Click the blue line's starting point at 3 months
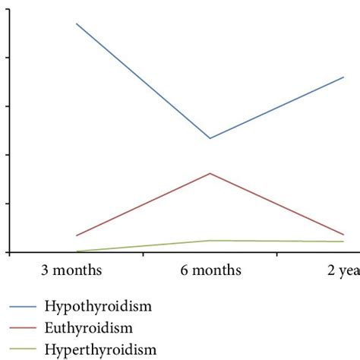coord(77,24)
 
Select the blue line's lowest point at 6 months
coord(210,138)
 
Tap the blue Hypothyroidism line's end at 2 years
coord(344,77)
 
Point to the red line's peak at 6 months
coord(210,173)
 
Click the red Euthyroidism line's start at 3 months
coord(77,235)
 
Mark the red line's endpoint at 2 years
coord(344,235)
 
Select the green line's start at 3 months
coord(77,251)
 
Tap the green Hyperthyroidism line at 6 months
coord(210,241)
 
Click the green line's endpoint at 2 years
coord(344,242)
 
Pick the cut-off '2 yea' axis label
coord(343,270)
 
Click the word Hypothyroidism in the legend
coord(99,307)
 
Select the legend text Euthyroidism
coord(89,328)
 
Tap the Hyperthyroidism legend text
coord(101,350)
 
